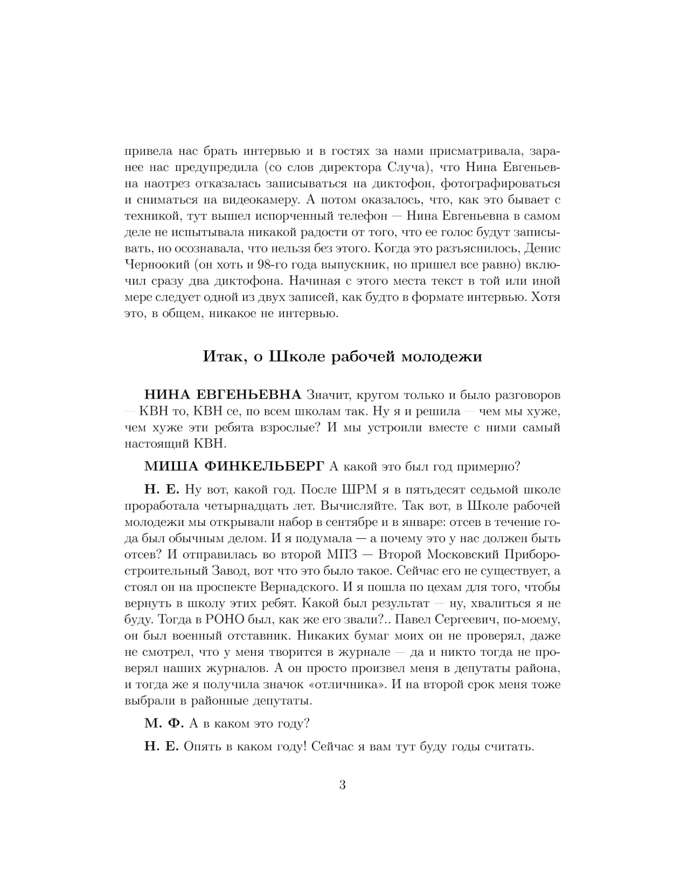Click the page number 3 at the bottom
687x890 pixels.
click(343, 785)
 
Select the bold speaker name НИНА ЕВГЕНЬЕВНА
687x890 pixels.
click(223, 395)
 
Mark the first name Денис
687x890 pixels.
click(542, 249)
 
